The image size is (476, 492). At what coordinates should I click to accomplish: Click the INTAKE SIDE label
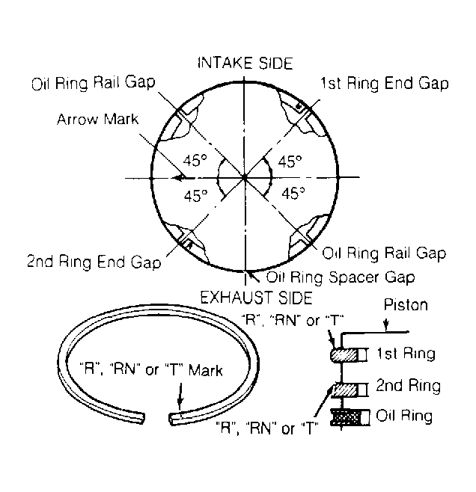[x=245, y=63]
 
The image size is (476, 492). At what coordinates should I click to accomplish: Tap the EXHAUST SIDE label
[x=256, y=298]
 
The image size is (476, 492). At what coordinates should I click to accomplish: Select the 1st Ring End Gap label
[x=384, y=84]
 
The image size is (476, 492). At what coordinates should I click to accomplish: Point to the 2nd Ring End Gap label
[x=94, y=262]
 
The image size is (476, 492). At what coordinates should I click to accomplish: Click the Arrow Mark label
[x=97, y=119]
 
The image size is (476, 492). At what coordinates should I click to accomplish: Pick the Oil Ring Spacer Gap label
[x=341, y=277]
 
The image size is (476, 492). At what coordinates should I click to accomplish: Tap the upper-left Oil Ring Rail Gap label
[x=94, y=83]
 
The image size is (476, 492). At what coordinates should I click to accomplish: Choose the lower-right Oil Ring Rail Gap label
[x=384, y=253]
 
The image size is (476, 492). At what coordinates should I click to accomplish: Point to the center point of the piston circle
[x=245, y=178]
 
